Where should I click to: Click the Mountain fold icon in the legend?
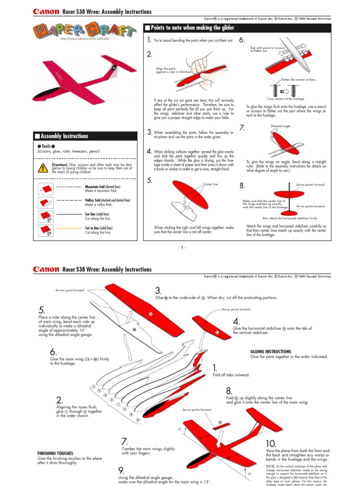click(45, 188)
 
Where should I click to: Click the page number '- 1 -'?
click(182, 247)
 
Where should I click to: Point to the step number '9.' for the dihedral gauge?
click(122, 470)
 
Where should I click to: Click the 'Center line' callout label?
click(210, 183)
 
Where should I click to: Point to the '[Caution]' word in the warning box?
click(59, 164)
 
